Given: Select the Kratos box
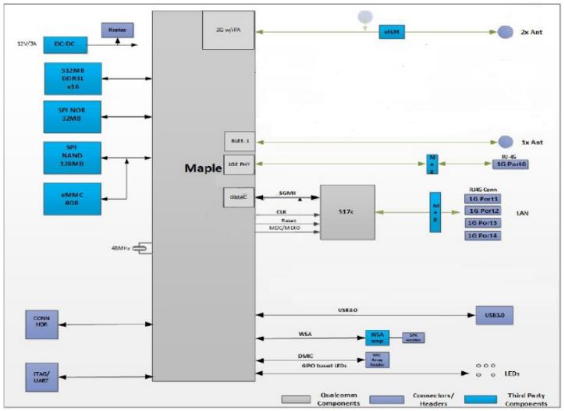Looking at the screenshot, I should coord(116,28).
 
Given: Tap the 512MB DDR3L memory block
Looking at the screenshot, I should coord(73,80).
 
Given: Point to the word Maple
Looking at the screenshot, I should coord(203,168).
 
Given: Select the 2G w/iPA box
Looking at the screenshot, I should coord(229,30).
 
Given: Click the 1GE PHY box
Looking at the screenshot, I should coord(237,163).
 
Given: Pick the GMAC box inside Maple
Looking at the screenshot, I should coord(237,197).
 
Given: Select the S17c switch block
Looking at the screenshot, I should coord(347,212).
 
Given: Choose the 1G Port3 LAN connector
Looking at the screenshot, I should coord(483,223).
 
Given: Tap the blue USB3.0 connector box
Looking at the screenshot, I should coord(494,315).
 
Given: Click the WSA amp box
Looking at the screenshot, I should coord(377,338).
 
